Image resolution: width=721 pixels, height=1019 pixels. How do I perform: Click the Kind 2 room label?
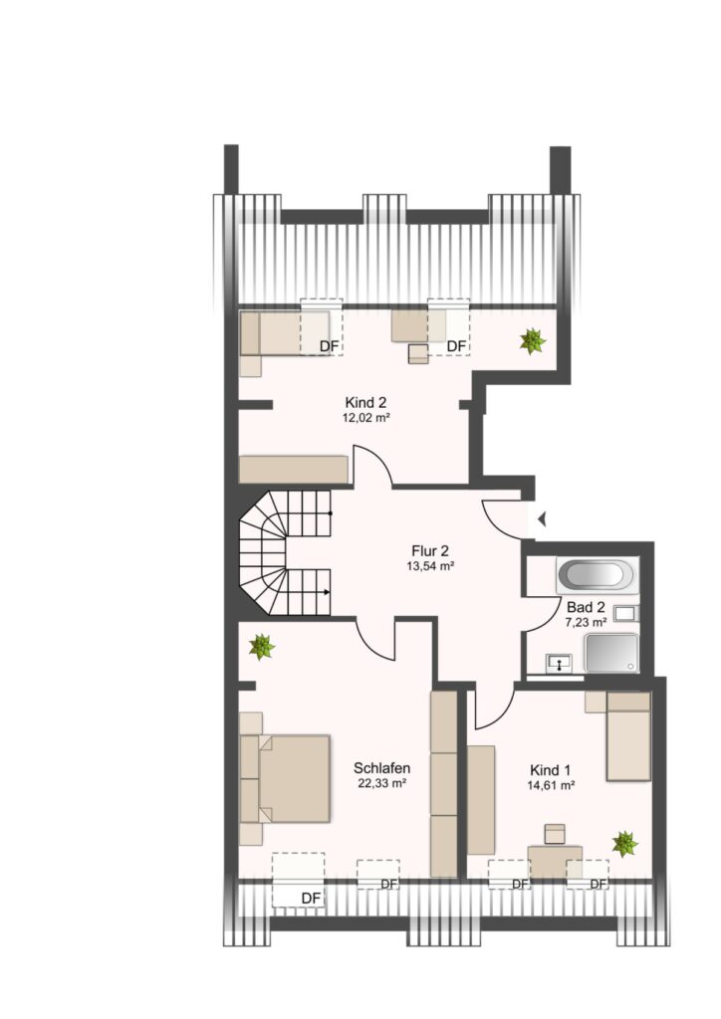[366, 403]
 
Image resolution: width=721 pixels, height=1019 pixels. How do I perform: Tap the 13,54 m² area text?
[430, 566]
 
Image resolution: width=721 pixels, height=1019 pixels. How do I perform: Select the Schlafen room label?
[381, 768]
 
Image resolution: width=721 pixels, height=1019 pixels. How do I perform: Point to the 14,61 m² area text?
[551, 785]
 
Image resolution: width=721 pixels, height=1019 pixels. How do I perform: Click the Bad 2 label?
[586, 608]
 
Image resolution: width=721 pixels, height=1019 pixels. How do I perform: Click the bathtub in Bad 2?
[598, 575]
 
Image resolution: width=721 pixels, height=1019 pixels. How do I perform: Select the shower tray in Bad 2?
[611, 653]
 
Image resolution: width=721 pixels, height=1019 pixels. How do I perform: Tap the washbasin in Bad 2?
[559, 663]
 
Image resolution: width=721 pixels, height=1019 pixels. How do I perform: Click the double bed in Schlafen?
[285, 778]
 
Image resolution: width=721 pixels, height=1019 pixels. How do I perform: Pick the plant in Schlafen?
[261, 647]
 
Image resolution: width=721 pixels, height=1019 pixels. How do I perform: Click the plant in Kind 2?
[533, 341]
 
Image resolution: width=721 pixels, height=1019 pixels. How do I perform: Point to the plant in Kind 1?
[624, 844]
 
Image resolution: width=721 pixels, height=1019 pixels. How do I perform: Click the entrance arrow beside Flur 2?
[541, 518]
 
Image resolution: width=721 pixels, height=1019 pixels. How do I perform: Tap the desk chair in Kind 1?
[555, 834]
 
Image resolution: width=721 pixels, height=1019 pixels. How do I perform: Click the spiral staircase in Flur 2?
[285, 552]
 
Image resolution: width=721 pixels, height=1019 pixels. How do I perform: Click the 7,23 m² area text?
[586, 623]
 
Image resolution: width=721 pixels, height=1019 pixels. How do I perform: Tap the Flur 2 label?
[430, 551]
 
